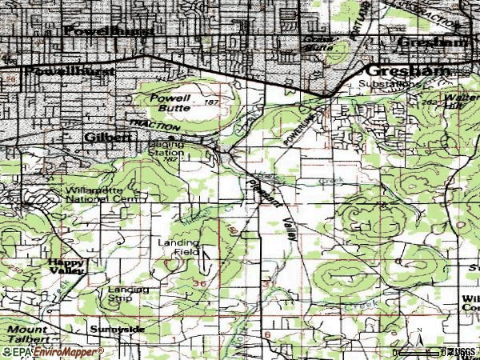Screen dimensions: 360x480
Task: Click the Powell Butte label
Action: click(x=170, y=102)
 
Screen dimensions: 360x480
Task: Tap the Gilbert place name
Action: click(x=107, y=138)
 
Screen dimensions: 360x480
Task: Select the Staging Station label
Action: click(x=166, y=149)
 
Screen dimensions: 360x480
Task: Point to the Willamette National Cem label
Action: click(x=95, y=194)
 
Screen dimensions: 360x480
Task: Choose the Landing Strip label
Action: click(x=126, y=294)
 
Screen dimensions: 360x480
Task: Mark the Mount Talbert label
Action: click(x=30, y=334)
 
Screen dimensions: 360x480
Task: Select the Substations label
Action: click(x=389, y=82)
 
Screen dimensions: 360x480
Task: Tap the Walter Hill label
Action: click(x=463, y=101)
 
